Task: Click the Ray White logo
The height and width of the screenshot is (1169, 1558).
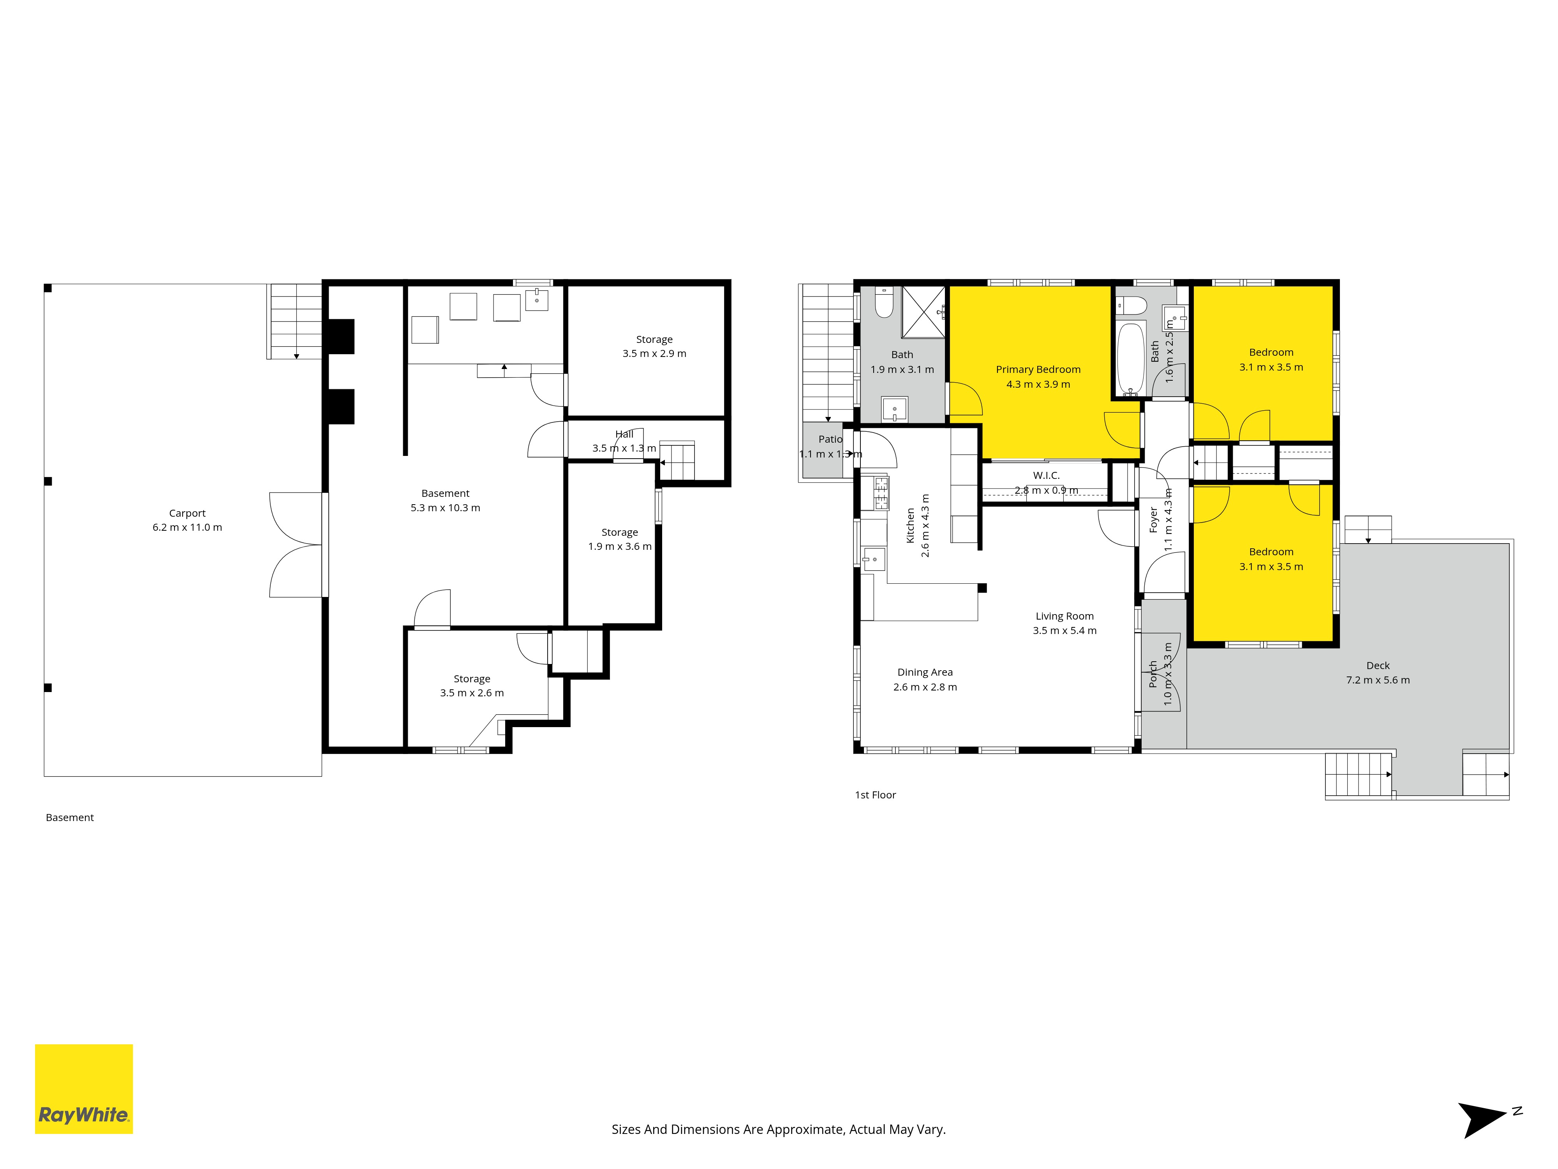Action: [84, 1089]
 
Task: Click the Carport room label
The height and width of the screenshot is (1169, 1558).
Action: [187, 513]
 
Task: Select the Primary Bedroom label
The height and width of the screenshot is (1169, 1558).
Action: [1038, 369]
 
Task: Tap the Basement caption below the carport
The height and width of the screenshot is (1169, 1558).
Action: [70, 818]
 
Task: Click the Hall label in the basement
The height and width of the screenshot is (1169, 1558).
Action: [624, 434]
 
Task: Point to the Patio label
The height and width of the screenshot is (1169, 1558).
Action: [830, 439]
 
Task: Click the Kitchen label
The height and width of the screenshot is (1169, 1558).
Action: [910, 526]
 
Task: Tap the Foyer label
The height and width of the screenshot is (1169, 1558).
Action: [1153, 519]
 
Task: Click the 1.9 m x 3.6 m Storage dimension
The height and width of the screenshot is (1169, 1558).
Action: [620, 546]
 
